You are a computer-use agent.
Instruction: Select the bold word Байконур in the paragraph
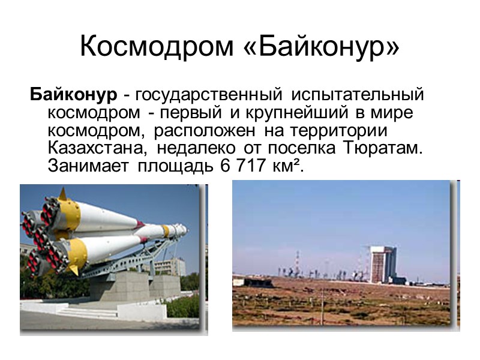[x=73, y=95]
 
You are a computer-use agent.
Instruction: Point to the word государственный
[x=208, y=95]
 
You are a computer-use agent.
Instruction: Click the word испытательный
[x=358, y=95]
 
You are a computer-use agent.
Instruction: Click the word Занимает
[x=88, y=167]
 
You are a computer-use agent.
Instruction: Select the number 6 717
[x=238, y=167]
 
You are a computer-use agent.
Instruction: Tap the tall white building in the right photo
[x=382, y=264]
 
